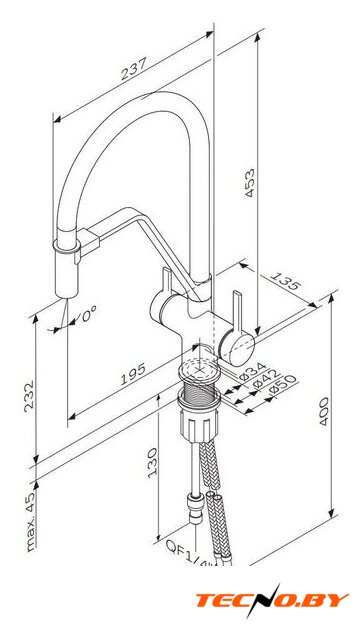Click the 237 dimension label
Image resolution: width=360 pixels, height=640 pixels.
point(133,69)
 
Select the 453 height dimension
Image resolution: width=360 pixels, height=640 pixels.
point(249,182)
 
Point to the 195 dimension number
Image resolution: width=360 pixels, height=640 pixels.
point(133,374)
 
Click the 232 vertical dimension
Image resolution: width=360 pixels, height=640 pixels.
point(29,396)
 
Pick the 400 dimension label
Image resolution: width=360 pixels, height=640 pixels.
point(324,411)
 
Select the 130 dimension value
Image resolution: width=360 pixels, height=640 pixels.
point(153,462)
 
